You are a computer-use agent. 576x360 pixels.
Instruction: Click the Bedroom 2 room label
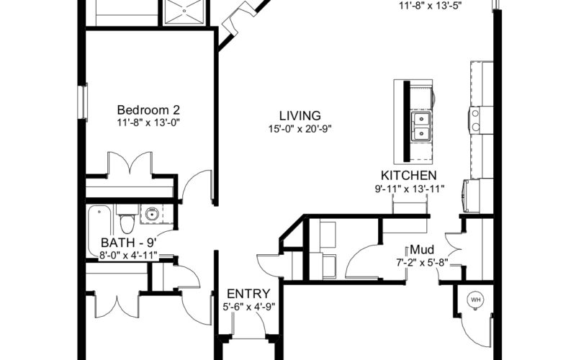148,110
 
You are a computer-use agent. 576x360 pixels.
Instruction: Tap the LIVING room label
300,116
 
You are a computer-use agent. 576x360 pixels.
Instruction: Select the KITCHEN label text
409,175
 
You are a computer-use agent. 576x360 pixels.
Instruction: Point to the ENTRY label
248,294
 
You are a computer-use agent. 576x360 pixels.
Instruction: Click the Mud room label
422,250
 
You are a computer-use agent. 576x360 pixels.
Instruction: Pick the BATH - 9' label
129,243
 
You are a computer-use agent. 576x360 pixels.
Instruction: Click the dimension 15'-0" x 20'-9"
300,129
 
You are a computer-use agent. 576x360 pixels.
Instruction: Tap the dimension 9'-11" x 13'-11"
410,189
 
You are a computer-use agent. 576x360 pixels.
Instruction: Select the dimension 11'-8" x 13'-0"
148,122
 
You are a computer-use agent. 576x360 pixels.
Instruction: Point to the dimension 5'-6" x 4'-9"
248,307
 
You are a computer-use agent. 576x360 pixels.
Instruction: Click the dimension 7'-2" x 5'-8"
422,263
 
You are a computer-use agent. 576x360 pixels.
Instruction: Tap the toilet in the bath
127,220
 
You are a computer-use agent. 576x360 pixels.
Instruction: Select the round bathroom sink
152,214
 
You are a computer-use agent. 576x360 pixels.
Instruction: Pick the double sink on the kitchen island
421,127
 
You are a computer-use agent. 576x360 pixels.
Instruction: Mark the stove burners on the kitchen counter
476,120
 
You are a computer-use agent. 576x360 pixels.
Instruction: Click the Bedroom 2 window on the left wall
83,102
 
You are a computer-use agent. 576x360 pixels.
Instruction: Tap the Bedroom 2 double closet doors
130,163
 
